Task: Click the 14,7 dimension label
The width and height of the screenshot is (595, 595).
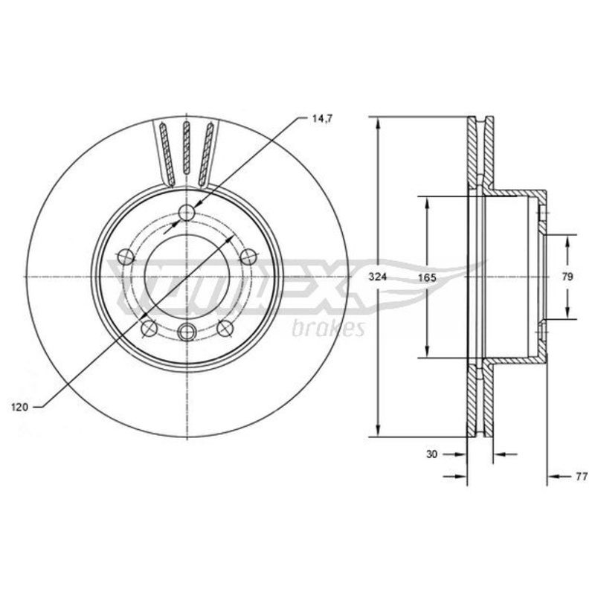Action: click(x=322, y=119)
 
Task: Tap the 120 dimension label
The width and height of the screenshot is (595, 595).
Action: click(x=20, y=408)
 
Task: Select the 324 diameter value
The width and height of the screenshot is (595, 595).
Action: click(x=378, y=277)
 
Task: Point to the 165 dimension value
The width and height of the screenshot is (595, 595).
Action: click(x=427, y=277)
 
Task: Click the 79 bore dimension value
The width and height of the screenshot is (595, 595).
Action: click(x=567, y=277)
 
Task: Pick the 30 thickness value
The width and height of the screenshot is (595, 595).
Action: click(x=432, y=454)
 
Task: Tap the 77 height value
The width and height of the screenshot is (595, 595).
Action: click(x=581, y=477)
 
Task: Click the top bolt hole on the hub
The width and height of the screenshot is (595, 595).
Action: click(x=187, y=213)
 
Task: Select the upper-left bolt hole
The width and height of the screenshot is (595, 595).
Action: click(x=126, y=257)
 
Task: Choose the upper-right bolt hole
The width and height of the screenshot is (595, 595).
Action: click(x=248, y=257)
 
